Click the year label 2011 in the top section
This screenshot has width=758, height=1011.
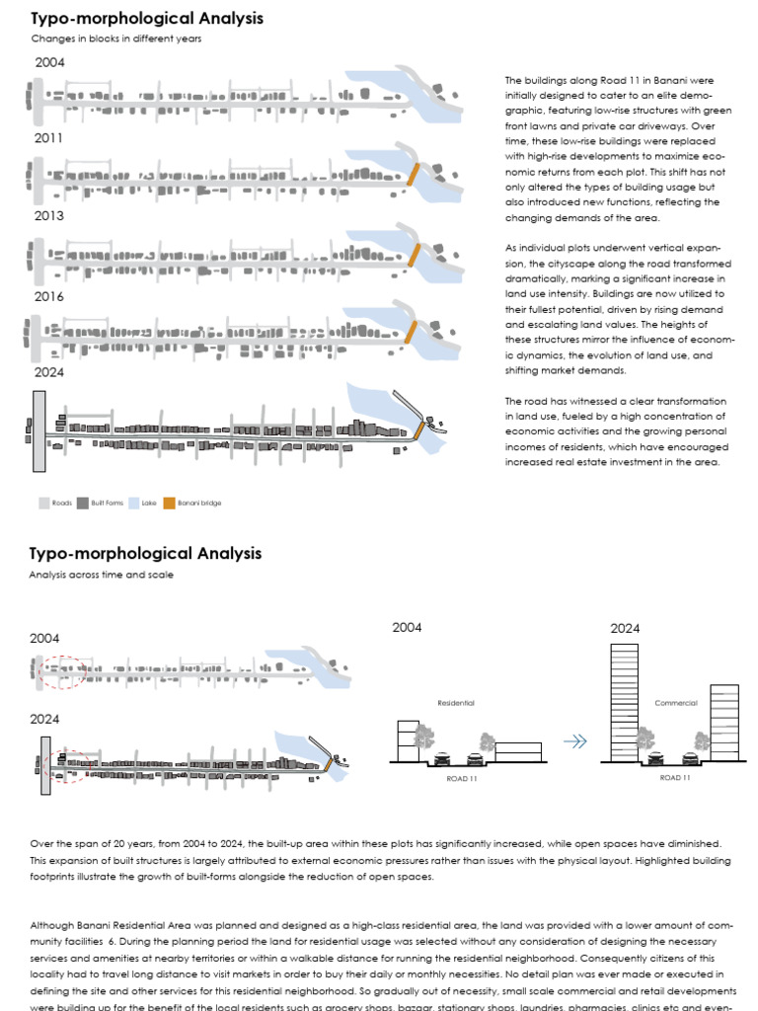48,139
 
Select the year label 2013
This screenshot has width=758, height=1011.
48,215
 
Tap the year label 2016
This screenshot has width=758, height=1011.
48,296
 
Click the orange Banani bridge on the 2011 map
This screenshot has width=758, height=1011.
414,175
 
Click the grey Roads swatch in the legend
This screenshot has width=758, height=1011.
43,503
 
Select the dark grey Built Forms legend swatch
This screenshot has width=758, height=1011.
83,503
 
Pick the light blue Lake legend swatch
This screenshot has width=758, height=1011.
134,503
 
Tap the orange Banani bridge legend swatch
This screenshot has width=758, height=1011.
169,503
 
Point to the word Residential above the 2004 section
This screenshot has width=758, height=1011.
456,703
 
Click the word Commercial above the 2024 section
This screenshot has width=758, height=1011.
676,703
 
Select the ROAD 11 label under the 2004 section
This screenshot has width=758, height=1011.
461,778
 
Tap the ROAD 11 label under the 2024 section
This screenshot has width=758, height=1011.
675,778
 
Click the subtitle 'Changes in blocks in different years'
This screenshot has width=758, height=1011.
116,39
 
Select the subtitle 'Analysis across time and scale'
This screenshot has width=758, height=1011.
102,575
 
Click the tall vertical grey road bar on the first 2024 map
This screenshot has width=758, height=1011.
38,430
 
